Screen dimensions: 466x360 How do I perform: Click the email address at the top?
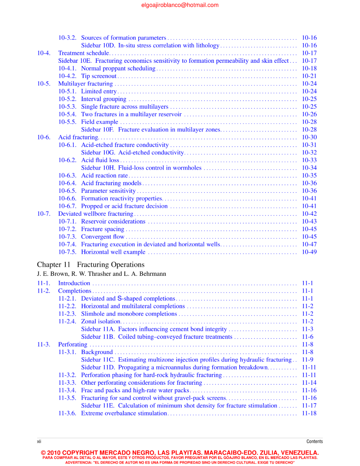180,5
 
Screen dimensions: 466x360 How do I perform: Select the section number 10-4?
44,53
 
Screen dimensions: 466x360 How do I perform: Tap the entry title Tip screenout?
99,76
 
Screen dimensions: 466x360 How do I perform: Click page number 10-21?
309,76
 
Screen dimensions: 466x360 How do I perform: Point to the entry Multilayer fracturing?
85,84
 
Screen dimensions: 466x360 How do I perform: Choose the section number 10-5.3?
67,107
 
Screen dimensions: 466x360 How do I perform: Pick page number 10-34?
309,168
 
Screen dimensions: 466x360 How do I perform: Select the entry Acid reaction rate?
104,175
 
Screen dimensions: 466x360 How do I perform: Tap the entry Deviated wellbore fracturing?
96,214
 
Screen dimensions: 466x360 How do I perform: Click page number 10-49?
309,252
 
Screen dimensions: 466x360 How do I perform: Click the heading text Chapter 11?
54,265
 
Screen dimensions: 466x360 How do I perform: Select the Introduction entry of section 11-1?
74,283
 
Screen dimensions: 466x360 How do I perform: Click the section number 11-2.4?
67,322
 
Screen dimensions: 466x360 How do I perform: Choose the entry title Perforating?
73,345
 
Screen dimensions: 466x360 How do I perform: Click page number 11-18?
309,413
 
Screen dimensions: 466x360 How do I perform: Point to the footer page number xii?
39,441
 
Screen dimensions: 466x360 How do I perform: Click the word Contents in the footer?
314,441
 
